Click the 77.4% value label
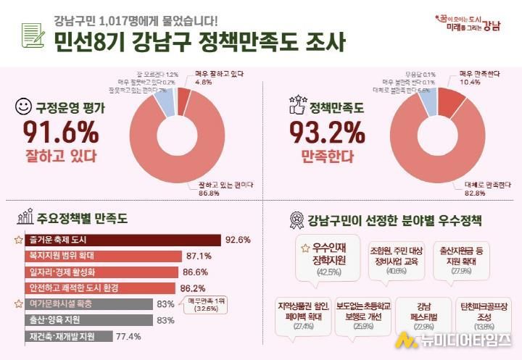(128, 336)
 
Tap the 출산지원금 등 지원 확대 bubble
(461, 258)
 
